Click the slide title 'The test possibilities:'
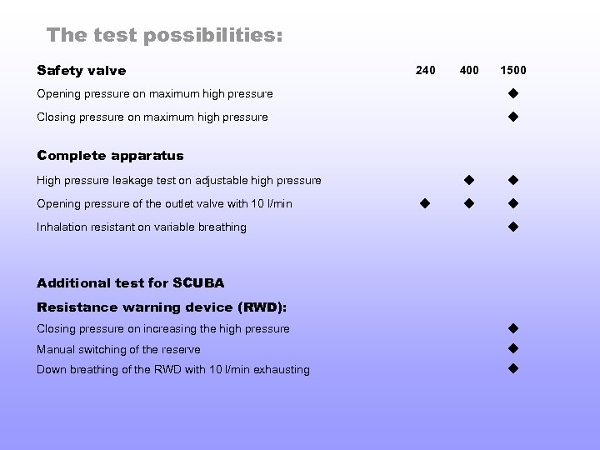[164, 35]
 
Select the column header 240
[425, 70]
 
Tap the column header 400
[469, 70]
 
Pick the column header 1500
[512, 70]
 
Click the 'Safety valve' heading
[82, 70]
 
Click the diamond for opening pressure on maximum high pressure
[513, 92]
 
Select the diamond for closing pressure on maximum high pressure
[513, 117]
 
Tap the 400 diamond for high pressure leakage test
[469, 179]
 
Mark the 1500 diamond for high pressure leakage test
[513, 179]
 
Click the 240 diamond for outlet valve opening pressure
[424, 202]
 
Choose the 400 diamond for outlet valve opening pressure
[469, 202]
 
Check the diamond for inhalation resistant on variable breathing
[513, 226]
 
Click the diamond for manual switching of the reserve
[513, 348]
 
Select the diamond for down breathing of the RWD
[513, 368]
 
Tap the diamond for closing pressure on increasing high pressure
[513, 327]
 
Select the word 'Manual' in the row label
[54, 349]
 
